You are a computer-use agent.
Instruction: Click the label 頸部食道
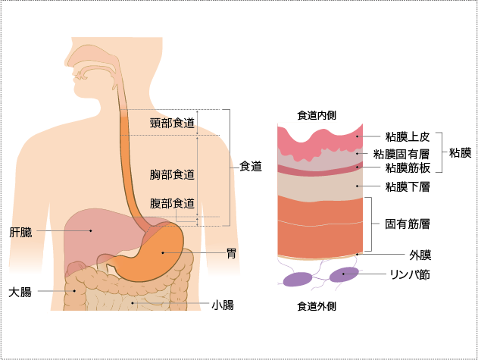(172, 123)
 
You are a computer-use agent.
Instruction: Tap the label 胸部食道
(172, 174)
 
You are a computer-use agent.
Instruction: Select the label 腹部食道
(172, 203)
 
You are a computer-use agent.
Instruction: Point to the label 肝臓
(20, 230)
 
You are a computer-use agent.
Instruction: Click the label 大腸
(20, 291)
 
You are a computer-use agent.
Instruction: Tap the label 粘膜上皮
(407, 137)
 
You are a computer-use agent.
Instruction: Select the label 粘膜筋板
(407, 167)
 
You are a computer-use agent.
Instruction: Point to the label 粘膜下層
(407, 186)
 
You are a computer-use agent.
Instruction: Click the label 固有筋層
(407, 224)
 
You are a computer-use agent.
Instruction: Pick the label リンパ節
(410, 274)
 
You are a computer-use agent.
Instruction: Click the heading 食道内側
(317, 115)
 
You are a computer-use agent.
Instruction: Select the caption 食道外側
(317, 307)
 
